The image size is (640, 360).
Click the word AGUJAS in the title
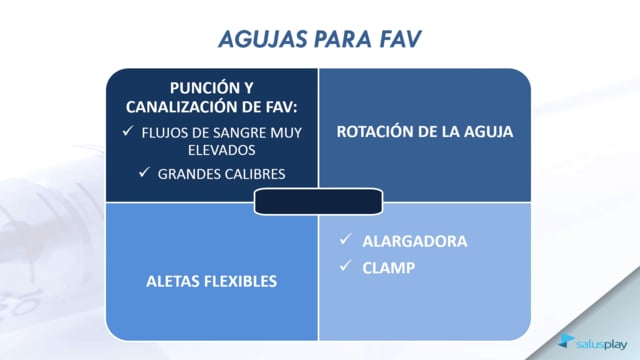(263, 40)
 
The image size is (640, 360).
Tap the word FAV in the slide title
(400, 39)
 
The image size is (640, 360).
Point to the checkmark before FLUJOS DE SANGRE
(128, 131)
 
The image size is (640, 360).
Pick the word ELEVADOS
(222, 150)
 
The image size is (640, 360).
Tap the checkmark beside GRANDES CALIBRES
(144, 172)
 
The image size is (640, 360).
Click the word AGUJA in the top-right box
(489, 131)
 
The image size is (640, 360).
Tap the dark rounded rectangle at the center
(318, 201)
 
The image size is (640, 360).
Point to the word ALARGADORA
(415, 241)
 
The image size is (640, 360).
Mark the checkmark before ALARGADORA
(345, 239)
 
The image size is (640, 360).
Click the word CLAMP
(389, 268)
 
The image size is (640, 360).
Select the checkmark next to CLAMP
(345, 266)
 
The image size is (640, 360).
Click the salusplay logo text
(602, 345)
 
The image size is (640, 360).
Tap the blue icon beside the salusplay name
(566, 341)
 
